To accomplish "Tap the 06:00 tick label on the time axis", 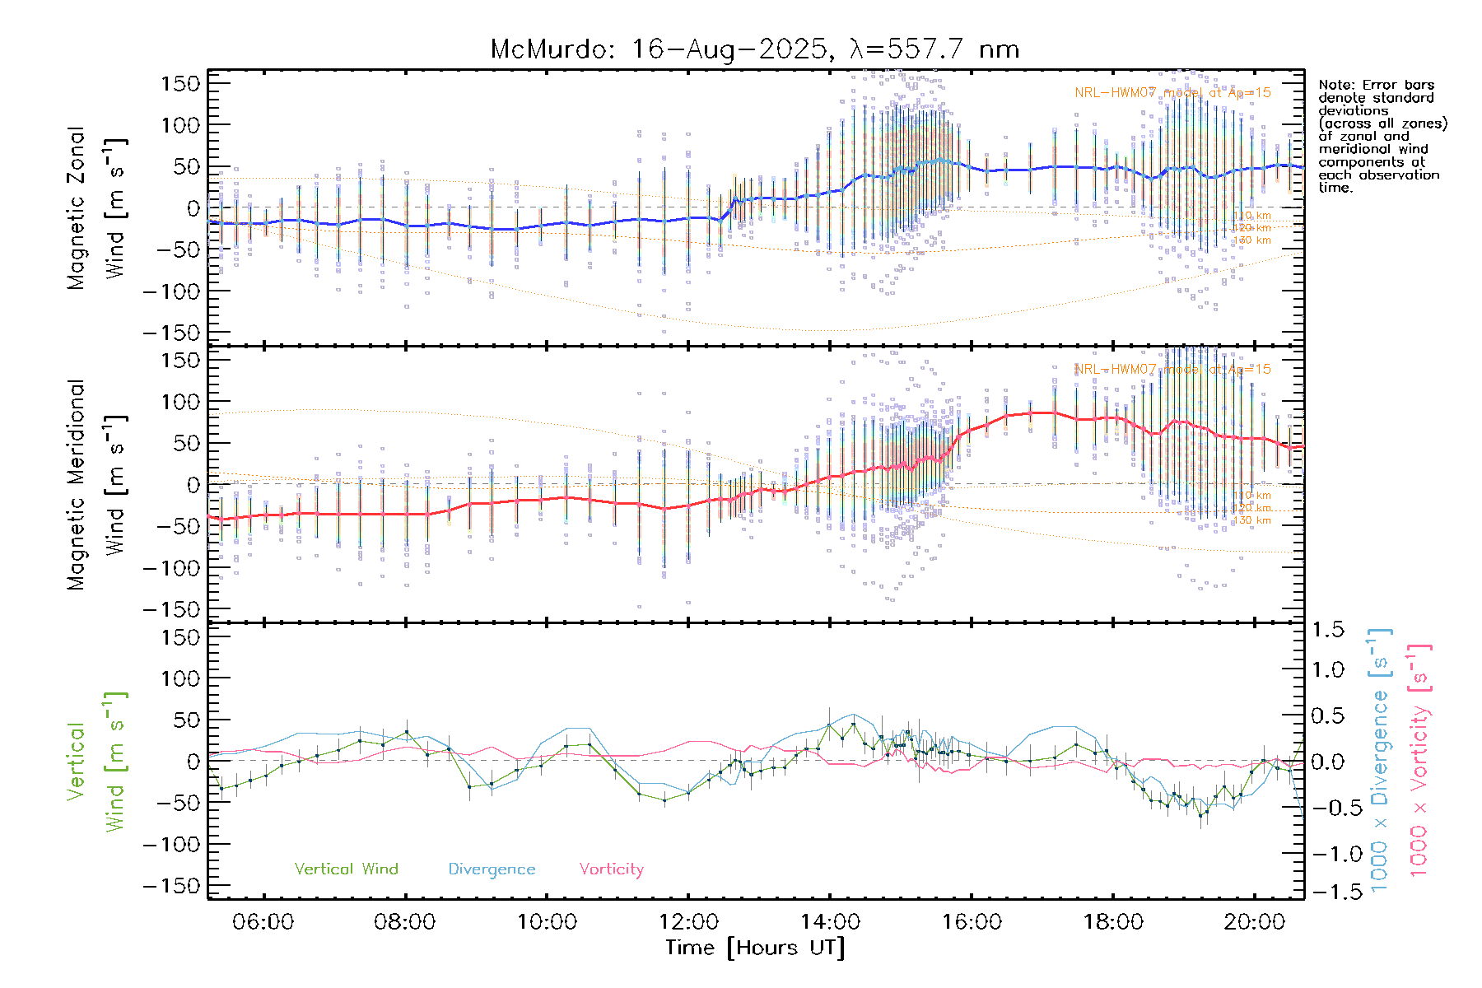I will [x=263, y=922].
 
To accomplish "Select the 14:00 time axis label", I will [x=830, y=922].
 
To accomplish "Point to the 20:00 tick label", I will [x=1254, y=922].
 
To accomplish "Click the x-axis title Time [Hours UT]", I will [x=755, y=948].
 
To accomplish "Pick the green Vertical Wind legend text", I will [x=346, y=869].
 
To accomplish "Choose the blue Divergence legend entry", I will [x=492, y=869].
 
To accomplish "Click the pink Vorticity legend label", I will [x=611, y=869].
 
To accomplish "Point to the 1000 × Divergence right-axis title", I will [x=1381, y=762].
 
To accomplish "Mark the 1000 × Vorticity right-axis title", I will [x=1419, y=762].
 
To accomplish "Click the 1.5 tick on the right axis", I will [x=1327, y=630].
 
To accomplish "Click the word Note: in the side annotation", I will [x=1337, y=85].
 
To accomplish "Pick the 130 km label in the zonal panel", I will [x=1252, y=240].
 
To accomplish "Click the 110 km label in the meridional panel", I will [x=1252, y=496].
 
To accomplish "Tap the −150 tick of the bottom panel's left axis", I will [x=171, y=886].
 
